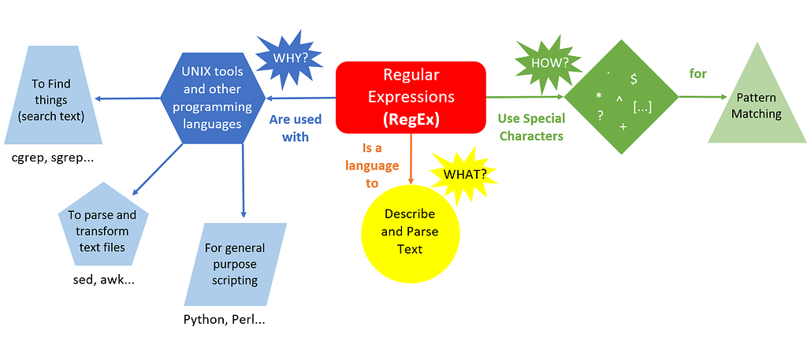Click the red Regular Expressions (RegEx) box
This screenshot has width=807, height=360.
[411, 97]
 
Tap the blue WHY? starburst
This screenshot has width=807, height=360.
[289, 58]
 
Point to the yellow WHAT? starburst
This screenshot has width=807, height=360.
[465, 174]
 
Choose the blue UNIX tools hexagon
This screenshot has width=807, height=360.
[213, 97]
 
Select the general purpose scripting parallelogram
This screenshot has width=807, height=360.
[235, 265]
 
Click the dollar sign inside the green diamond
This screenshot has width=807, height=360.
[634, 79]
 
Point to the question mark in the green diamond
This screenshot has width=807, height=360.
[600, 116]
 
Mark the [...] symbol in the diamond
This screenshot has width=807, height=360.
[642, 107]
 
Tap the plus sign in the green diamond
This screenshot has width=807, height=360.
[623, 127]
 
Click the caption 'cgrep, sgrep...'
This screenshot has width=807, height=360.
[53, 158]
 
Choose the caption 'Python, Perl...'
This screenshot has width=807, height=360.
[225, 319]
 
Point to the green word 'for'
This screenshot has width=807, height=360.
[698, 74]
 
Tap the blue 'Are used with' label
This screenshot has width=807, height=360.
[295, 128]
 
